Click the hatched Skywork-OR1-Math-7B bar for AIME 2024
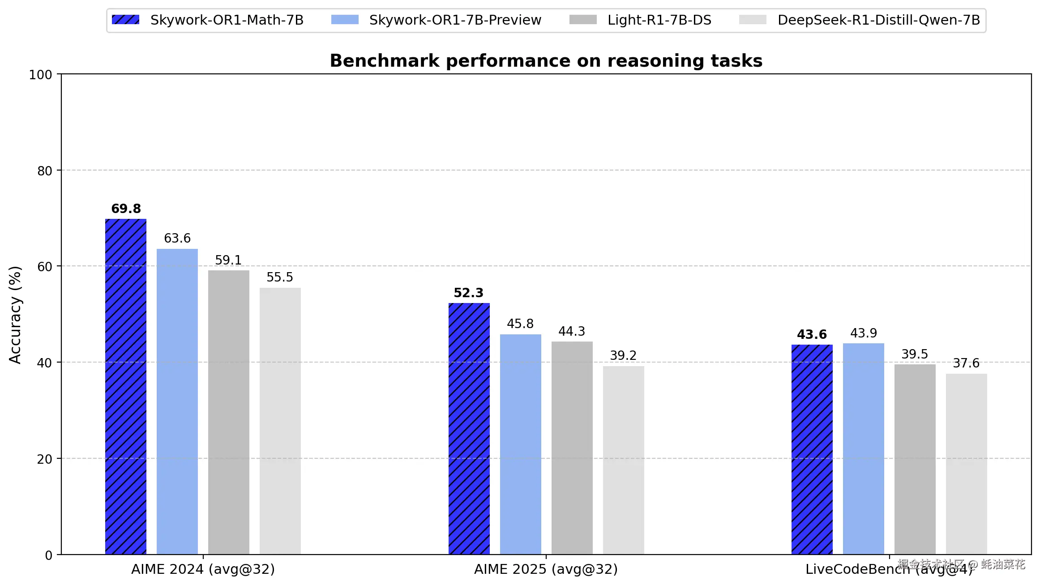point(126,387)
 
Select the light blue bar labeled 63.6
point(177,401)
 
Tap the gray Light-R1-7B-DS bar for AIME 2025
point(572,448)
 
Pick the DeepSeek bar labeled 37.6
point(966,464)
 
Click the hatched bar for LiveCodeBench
point(812,449)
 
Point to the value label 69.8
point(126,209)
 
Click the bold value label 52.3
point(468,293)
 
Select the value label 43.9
point(863,333)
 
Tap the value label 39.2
point(623,355)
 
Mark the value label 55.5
point(280,277)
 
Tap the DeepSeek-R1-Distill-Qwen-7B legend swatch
point(753,20)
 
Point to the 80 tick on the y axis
point(45,171)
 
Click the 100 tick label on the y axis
point(40,75)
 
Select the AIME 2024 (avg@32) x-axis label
point(203,569)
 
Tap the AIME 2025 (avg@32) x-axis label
point(546,569)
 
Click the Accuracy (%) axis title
point(15,315)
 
